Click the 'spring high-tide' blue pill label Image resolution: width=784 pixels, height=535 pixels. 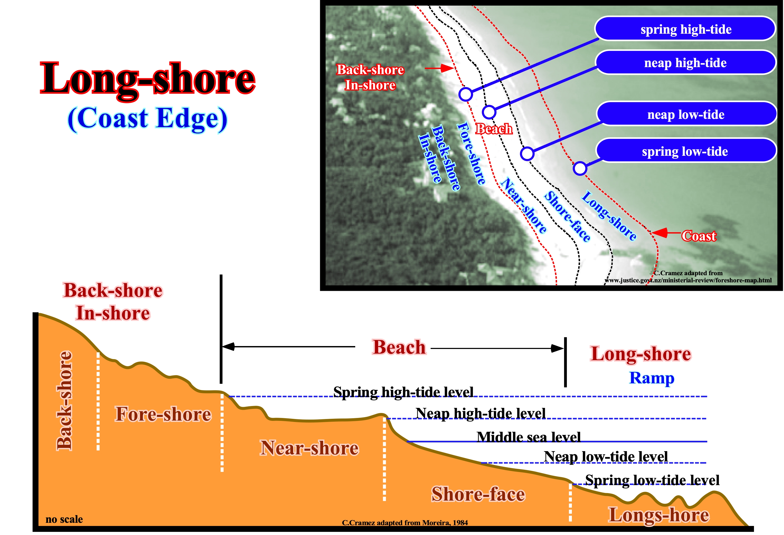coord(685,29)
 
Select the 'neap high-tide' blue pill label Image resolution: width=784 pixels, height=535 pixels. coord(685,63)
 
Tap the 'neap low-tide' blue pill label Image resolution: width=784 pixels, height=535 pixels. coord(686,115)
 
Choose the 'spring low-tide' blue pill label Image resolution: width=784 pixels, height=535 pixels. coord(685,151)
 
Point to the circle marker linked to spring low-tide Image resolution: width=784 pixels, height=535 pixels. coord(580,168)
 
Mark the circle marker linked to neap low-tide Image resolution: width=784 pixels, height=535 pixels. coord(526,153)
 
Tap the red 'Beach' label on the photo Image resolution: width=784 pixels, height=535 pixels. coord(494,129)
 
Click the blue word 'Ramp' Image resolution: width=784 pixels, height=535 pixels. coord(652,378)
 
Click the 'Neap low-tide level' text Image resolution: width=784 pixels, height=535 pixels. coord(606,457)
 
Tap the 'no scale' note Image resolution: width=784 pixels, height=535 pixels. coord(64,519)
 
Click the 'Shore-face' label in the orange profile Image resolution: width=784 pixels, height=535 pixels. coord(478,494)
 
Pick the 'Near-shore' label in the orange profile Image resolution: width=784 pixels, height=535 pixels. coord(309,448)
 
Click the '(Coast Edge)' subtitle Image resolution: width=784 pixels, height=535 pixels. coord(147,119)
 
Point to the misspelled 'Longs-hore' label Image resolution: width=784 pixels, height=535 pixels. coord(658,515)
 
